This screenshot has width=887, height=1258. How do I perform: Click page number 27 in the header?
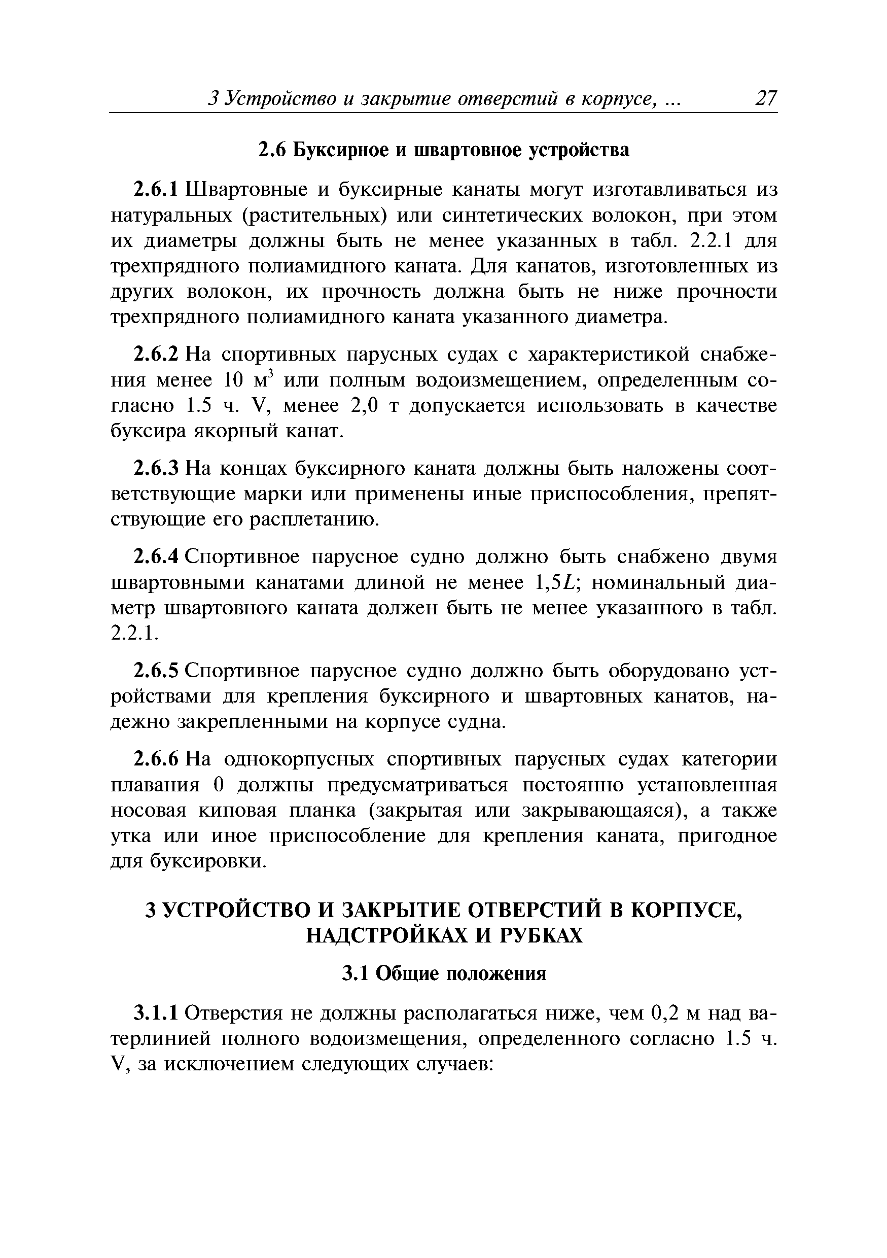click(765, 98)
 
